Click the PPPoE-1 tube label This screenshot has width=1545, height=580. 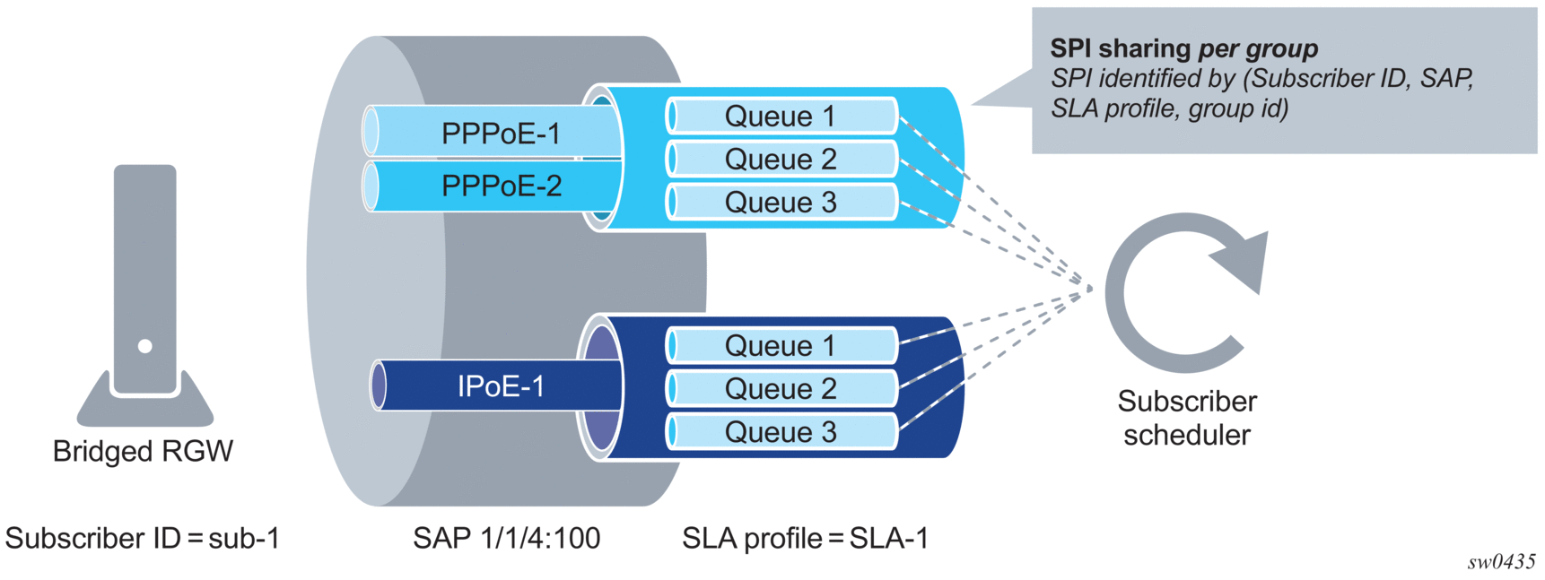501,134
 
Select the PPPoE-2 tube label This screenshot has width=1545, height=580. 501,186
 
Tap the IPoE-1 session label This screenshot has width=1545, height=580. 501,386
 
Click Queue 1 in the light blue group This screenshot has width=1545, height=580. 780,117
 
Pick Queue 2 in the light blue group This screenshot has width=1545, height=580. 780,160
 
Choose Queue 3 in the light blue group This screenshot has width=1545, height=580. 780,203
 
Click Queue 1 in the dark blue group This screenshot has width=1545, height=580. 780,346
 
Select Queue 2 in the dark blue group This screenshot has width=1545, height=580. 780,389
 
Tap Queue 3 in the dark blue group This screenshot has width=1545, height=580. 780,432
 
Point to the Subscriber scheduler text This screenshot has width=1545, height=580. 1186,418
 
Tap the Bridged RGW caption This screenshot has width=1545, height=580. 143,451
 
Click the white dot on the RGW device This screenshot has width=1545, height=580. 145,346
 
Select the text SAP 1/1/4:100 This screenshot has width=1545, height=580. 506,538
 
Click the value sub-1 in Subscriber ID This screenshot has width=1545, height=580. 244,538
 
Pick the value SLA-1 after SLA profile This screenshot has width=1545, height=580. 888,538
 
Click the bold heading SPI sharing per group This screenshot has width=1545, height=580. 1183,48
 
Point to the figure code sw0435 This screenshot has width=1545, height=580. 1501,562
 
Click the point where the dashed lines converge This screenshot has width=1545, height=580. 1091,289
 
